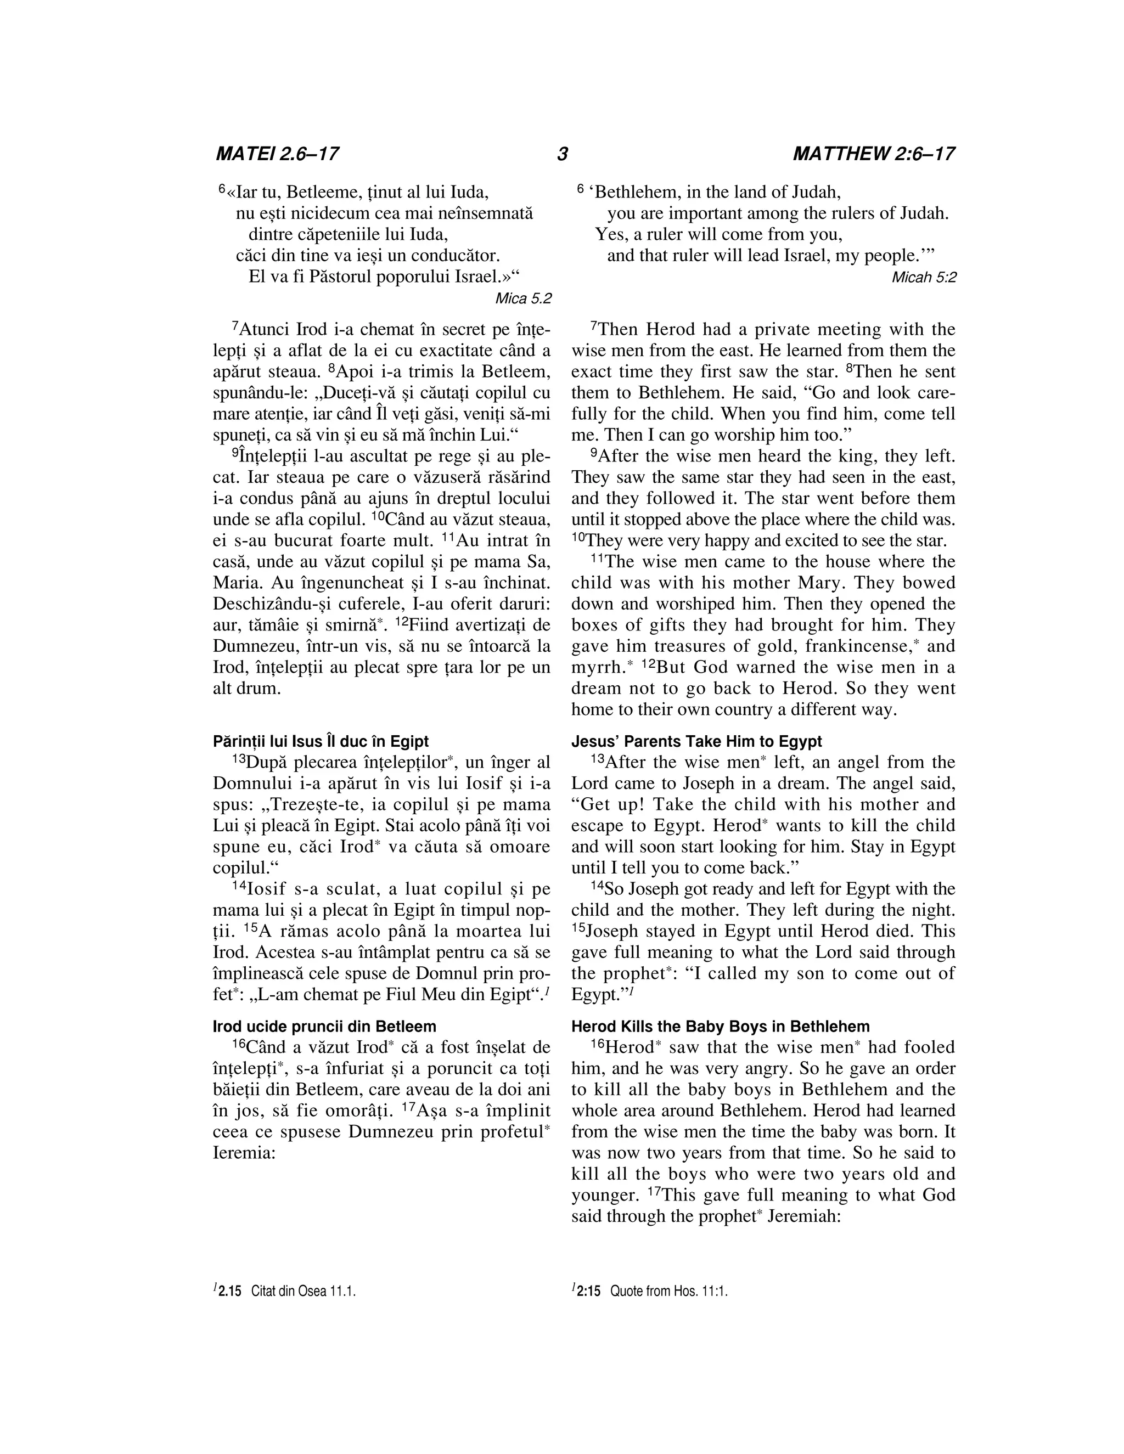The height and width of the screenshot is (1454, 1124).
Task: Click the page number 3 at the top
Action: tap(562, 155)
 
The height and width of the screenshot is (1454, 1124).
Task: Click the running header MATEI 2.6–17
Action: tap(277, 155)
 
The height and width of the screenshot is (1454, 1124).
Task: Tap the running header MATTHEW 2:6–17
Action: tap(873, 155)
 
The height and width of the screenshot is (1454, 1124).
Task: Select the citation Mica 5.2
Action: tap(524, 298)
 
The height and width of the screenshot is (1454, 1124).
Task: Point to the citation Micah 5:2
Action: tap(924, 278)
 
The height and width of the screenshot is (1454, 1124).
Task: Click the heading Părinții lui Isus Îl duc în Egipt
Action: tap(321, 742)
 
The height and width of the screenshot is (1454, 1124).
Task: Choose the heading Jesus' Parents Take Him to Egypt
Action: tap(696, 742)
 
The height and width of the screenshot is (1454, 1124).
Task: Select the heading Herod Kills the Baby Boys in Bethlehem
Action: tap(721, 1026)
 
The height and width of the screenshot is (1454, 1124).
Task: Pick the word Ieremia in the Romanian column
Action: tap(244, 1152)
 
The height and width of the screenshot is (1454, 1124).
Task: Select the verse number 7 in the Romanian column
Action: tap(235, 327)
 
